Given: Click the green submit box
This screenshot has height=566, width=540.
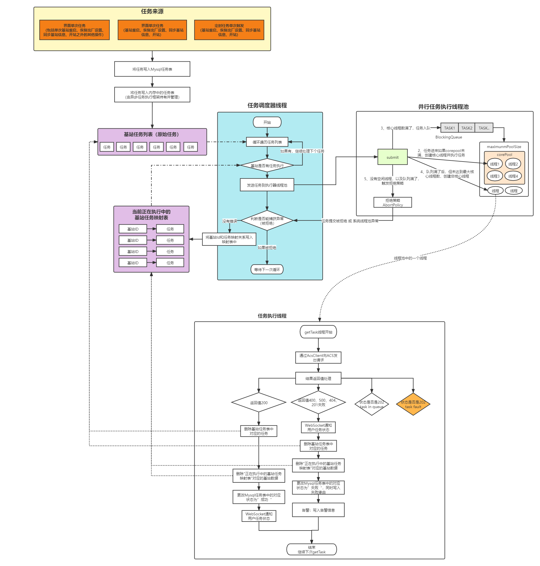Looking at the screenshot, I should (x=392, y=157).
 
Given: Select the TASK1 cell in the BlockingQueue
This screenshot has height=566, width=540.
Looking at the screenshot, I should (x=449, y=128).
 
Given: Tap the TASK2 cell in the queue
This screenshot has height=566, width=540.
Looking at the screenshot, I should (x=467, y=128).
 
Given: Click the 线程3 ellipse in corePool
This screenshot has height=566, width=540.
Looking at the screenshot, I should (x=494, y=176).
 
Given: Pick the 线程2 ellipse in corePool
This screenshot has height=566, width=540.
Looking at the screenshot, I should (x=513, y=164).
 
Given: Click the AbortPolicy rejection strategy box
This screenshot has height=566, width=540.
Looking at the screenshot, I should (x=393, y=202).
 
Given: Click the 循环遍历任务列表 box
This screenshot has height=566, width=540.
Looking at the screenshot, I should (x=267, y=142).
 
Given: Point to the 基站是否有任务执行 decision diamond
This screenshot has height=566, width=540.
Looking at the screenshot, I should (x=267, y=166).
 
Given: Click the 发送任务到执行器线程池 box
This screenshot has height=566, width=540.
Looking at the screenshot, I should (x=267, y=185).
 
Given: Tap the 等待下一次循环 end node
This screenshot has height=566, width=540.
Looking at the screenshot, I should (x=267, y=270).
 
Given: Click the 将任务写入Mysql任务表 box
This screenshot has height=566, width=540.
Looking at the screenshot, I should (x=152, y=69).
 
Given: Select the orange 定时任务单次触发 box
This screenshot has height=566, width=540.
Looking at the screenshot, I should (x=229, y=30).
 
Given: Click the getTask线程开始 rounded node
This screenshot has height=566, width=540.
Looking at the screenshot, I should (x=318, y=332).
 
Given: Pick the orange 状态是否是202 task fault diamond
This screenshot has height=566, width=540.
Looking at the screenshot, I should (x=413, y=404).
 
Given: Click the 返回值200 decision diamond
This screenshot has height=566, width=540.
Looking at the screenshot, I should (x=258, y=402).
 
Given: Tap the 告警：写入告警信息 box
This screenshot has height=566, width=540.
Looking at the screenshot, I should (x=318, y=510).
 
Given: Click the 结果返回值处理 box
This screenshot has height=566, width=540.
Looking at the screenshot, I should (x=318, y=378).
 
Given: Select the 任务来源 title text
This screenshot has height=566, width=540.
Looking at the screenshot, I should (x=152, y=12).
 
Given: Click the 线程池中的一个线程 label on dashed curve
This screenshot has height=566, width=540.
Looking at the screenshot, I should (x=410, y=258).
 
